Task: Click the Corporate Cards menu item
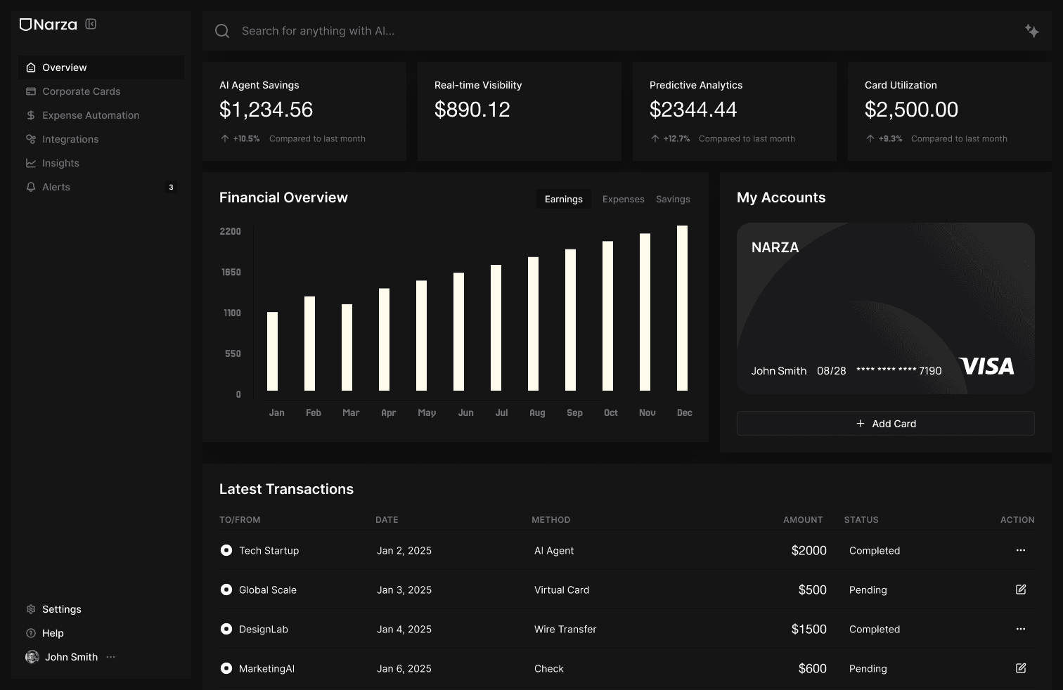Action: (x=81, y=91)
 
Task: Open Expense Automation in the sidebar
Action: (x=90, y=115)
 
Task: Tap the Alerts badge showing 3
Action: (x=171, y=187)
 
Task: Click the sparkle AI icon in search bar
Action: (x=1031, y=31)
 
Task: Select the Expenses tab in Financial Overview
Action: (x=623, y=200)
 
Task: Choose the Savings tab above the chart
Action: (x=673, y=200)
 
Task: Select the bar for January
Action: (x=272, y=351)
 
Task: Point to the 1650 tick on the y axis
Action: (x=231, y=272)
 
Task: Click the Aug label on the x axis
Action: (x=537, y=413)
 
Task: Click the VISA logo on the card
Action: (x=986, y=366)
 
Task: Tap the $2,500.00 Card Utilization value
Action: (x=911, y=110)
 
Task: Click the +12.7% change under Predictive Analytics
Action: (x=676, y=139)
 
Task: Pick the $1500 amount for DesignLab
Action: (x=808, y=630)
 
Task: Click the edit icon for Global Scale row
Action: (x=1020, y=590)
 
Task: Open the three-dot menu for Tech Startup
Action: (x=1020, y=550)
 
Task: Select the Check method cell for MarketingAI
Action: (x=549, y=669)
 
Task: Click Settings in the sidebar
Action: (x=61, y=609)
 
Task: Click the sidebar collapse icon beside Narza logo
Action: (x=91, y=24)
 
